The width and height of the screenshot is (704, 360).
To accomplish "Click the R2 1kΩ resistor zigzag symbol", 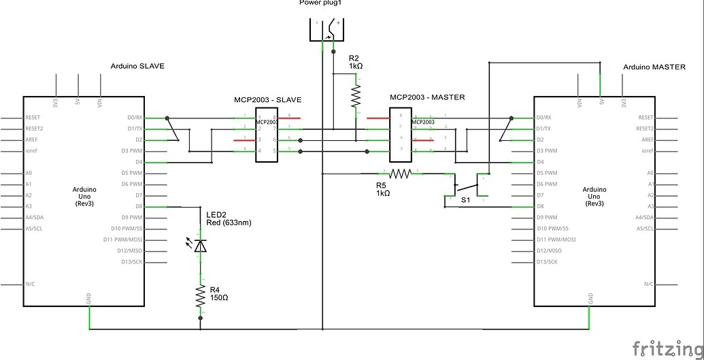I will click(355, 96).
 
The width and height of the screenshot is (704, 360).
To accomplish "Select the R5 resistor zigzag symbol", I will click(400, 174).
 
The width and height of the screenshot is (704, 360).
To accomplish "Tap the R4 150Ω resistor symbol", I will click(200, 296).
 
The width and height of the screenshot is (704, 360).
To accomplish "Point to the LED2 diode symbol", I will click(199, 245).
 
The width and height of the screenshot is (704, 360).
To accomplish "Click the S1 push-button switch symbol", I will click(465, 189).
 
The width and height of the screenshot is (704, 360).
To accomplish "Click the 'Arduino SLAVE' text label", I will click(137, 66).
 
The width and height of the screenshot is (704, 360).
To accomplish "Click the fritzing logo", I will click(666, 348).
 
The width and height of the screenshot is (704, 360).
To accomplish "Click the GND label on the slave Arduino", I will click(89, 298).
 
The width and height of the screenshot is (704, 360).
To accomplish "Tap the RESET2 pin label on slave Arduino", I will click(34, 129).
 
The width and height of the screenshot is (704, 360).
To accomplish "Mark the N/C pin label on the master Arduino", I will click(648, 284).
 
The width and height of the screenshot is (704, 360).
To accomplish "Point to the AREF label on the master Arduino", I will click(646, 140).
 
